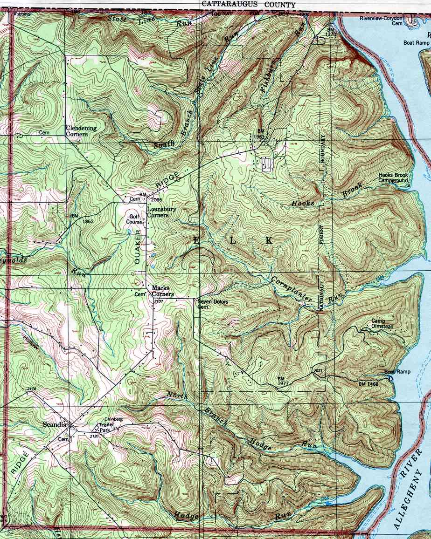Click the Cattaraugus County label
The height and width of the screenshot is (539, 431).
tap(249, 4)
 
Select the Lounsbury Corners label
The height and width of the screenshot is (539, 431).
tap(161, 212)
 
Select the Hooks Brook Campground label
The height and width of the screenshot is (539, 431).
tap(393, 177)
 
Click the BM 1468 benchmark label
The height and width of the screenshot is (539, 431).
tap(368, 383)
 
